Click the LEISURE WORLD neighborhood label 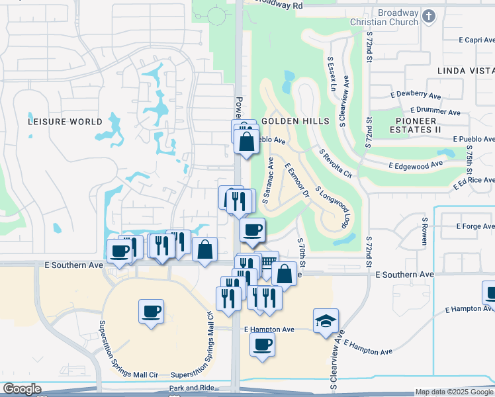coord(65,122)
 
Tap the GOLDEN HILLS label coord(295,121)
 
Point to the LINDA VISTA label coord(465,70)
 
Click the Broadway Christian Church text coord(398,17)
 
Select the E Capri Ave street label coord(471,40)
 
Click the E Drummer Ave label coord(435,111)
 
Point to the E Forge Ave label coord(474,226)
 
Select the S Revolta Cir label coord(336,163)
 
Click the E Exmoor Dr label coord(297,181)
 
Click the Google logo coord(21,389)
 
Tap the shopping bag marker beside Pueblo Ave coord(246,142)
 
